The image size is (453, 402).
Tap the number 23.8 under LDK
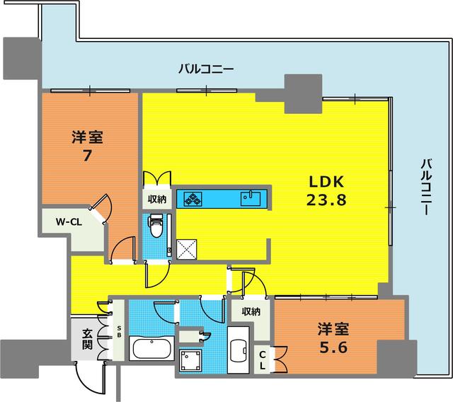pos(326,200)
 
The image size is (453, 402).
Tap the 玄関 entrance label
pos(87,340)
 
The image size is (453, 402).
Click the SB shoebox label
pos(119,331)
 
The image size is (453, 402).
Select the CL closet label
pos(262,359)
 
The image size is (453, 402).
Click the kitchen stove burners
pos(193,199)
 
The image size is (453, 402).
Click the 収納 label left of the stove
pos(157,200)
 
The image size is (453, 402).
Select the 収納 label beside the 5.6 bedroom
pos(251,311)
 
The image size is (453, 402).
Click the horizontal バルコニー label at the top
pos(205,69)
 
